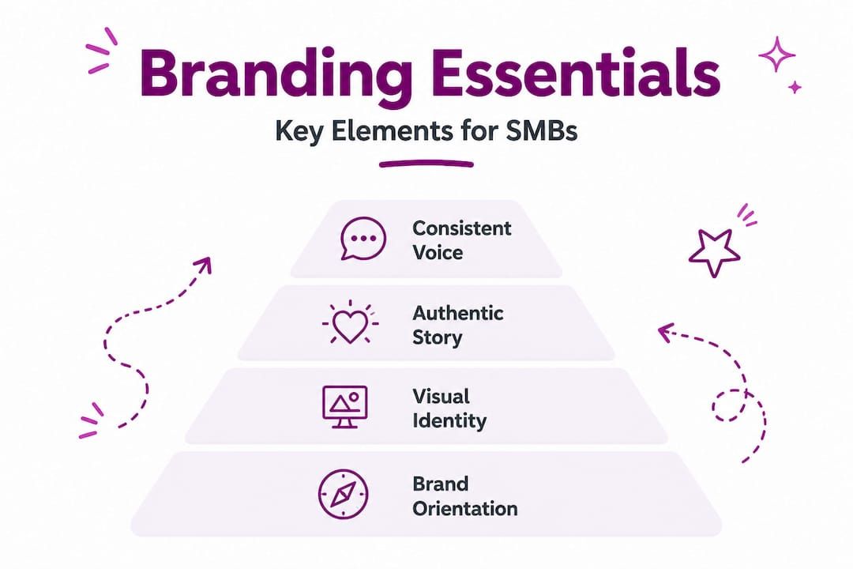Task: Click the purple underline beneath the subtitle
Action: tap(426, 164)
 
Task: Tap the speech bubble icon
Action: tap(363, 239)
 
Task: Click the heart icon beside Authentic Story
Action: tap(350, 322)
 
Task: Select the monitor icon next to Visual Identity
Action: tap(345, 407)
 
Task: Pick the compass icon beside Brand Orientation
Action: tap(344, 494)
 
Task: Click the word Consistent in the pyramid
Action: tap(462, 228)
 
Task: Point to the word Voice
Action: tap(438, 252)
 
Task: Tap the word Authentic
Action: tap(458, 312)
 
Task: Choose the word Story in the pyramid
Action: tap(438, 337)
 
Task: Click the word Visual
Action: tap(441, 396)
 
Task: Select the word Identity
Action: tap(449, 420)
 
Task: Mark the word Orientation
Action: tap(465, 509)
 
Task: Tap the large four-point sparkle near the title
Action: tap(777, 54)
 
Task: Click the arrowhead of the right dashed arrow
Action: tap(666, 332)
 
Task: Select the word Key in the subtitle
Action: tap(299, 132)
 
